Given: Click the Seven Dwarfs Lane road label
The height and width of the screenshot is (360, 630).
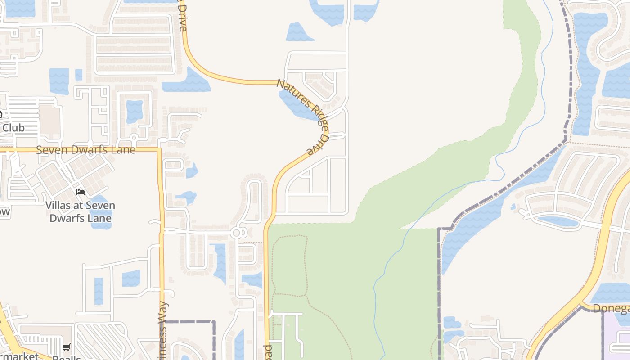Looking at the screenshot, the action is pos(85,150).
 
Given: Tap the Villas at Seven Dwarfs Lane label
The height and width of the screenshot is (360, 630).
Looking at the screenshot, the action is pos(80,212).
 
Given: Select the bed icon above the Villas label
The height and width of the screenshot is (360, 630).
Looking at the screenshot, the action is pos(81,192).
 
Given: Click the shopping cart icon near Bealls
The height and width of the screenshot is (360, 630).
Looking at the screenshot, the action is pos(67,347).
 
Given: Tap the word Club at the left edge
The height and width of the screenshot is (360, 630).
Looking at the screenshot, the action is pos(13,128).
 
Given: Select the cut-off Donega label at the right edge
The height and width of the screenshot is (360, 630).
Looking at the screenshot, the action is pos(611,309).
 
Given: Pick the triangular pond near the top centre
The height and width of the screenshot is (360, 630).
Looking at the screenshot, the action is pos(298,32).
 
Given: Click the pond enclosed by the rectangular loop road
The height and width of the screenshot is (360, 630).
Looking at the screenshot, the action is pos(134,111).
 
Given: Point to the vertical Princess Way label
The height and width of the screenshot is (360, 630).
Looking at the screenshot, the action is pos(163,331).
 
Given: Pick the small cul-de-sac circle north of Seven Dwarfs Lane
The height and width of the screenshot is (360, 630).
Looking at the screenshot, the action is pos(134,138).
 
